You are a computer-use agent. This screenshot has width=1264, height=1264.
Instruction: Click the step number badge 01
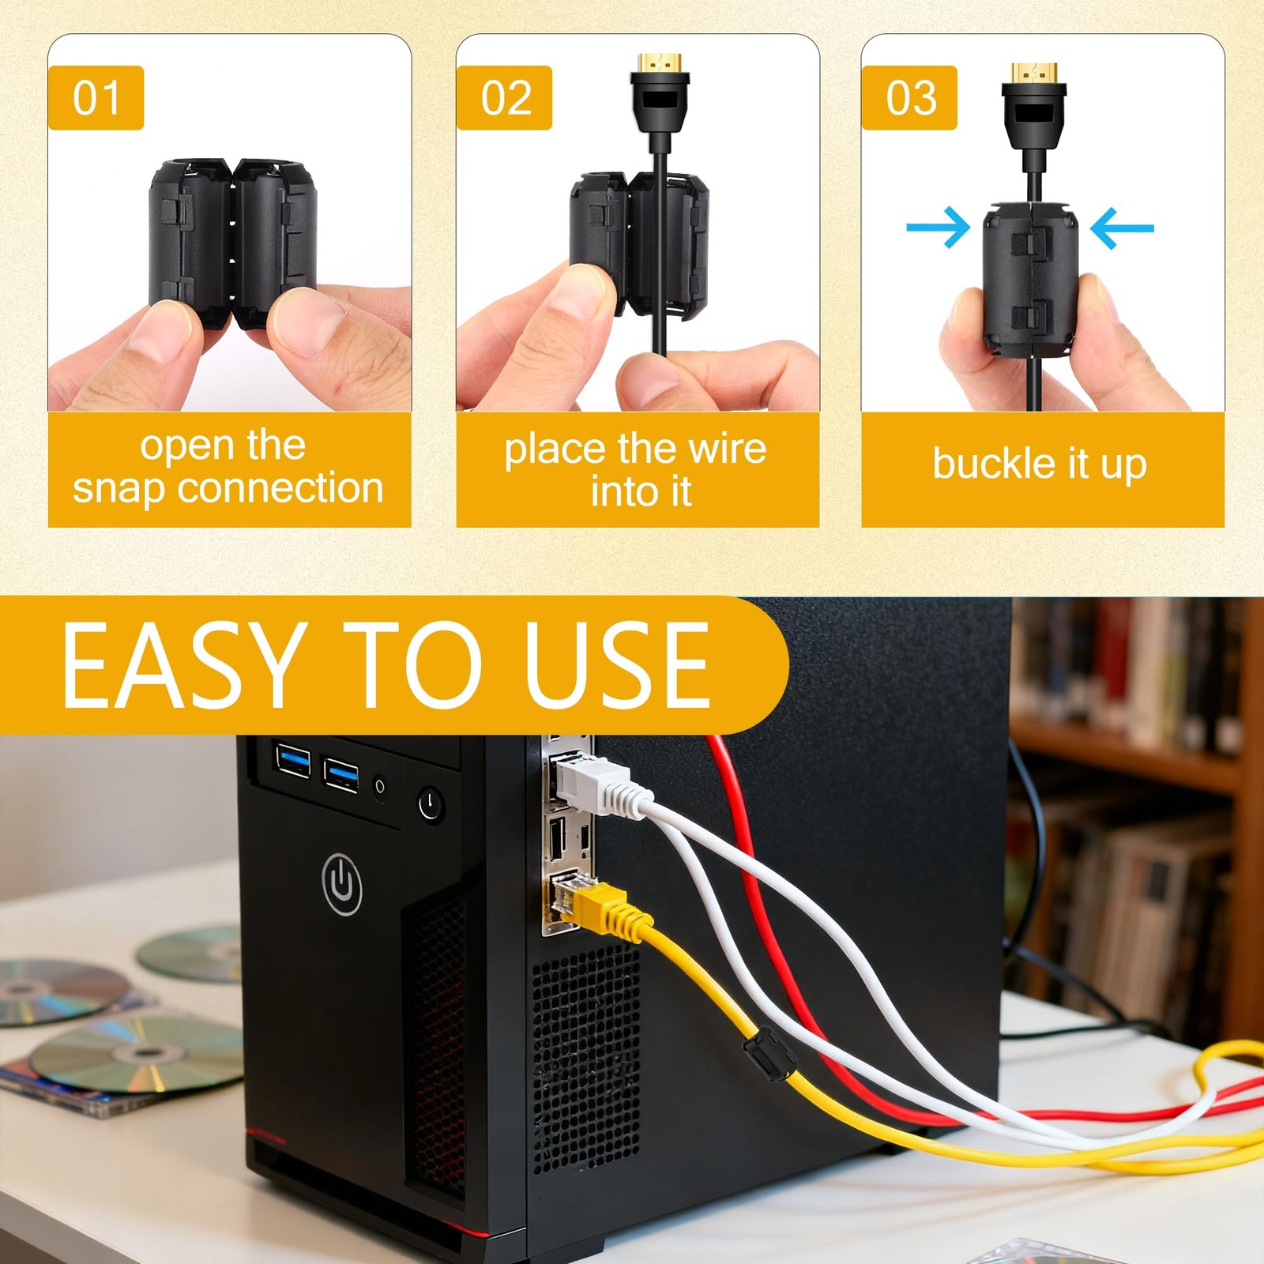click(x=96, y=98)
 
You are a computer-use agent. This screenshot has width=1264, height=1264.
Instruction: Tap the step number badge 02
click(x=504, y=98)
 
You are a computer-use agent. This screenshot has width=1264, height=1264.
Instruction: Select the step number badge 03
click(x=909, y=98)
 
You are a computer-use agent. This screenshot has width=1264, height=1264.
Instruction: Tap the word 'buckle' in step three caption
click(x=993, y=463)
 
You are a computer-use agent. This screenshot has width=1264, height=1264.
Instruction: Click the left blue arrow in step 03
click(x=938, y=228)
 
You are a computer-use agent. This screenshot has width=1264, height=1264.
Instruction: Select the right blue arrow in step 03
click(x=1122, y=228)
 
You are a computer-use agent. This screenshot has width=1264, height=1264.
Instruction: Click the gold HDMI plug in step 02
click(x=660, y=62)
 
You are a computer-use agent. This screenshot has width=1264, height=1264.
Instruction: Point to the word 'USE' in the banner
click(x=617, y=665)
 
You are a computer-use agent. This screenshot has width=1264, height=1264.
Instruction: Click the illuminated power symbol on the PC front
click(x=342, y=883)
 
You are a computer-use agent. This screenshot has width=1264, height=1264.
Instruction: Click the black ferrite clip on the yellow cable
click(x=769, y=1055)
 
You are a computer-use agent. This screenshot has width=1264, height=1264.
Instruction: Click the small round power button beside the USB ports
click(x=431, y=804)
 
